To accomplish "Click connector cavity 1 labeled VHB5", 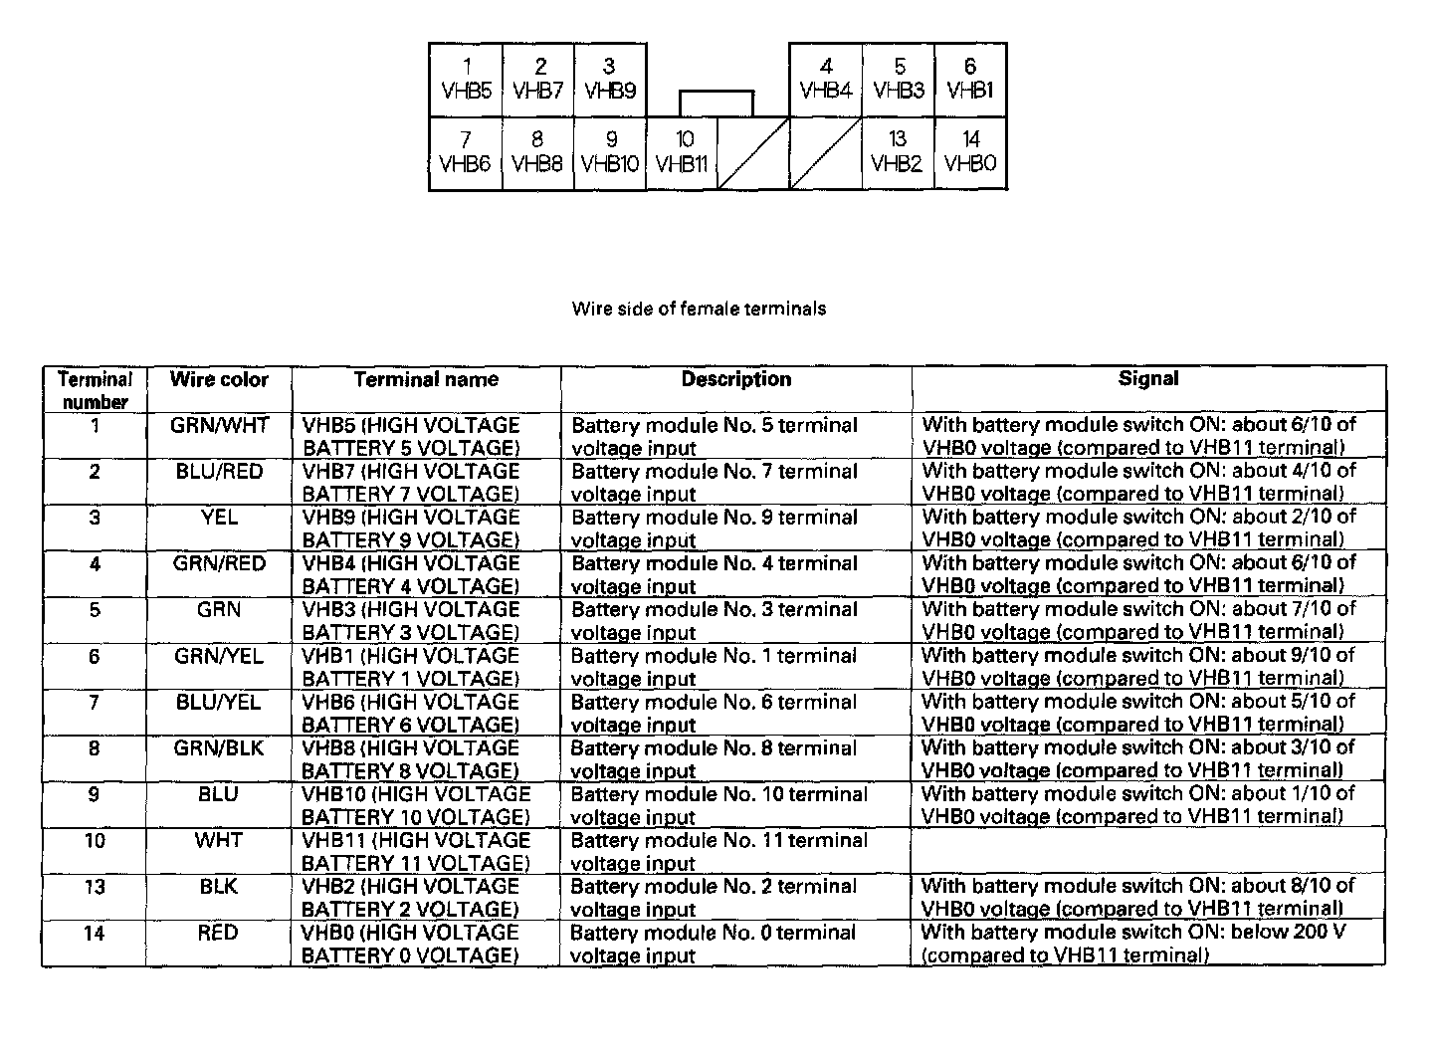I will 466,80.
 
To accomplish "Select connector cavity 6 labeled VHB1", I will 970,80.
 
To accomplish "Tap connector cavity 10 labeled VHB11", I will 683,152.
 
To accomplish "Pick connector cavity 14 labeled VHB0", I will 970,152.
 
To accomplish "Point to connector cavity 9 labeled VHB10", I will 610,152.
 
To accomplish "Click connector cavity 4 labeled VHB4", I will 826,80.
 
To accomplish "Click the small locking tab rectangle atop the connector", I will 716,104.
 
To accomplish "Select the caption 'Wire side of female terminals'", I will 699,309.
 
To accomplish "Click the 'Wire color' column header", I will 219,379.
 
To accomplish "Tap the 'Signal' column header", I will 1148,378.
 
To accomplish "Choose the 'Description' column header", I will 736,379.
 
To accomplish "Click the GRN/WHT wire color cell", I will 220,426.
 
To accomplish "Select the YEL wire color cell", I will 220,518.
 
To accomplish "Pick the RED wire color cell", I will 218,933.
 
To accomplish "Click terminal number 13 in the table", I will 95,887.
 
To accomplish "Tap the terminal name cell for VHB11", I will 416,852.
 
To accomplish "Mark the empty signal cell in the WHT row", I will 1148,852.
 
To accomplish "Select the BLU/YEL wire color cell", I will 218,703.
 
